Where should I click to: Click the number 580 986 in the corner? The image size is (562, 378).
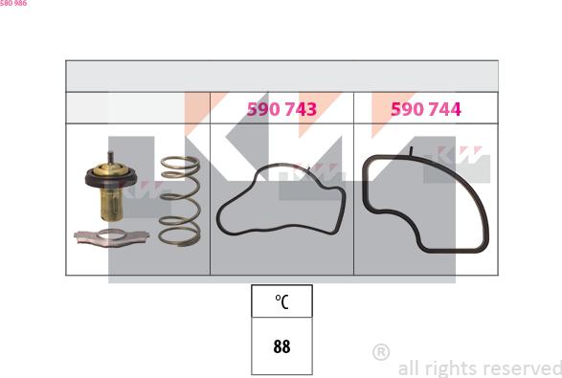pyautogui.click(x=13, y=4)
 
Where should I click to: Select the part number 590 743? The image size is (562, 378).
pyautogui.click(x=281, y=110)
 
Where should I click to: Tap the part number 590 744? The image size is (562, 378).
pyautogui.click(x=425, y=110)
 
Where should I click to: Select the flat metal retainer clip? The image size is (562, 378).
pyautogui.click(x=111, y=235)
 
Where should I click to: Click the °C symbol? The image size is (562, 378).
pyautogui.click(x=281, y=302)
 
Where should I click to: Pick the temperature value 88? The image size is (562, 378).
pyautogui.click(x=281, y=347)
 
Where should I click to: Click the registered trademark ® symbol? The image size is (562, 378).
pyautogui.click(x=380, y=352)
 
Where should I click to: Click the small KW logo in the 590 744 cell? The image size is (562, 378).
pyautogui.click(x=465, y=154)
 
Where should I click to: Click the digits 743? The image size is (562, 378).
pyautogui.click(x=298, y=110)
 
